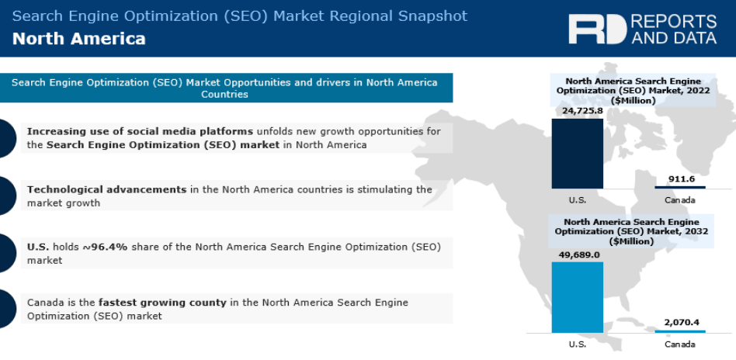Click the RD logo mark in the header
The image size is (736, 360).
(597, 29)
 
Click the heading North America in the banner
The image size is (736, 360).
(79, 39)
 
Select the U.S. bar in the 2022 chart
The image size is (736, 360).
(577, 154)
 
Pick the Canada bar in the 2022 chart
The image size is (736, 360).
(679, 187)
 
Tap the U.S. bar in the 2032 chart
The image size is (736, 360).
(577, 297)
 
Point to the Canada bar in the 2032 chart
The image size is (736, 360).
(679, 331)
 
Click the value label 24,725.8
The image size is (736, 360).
(582, 111)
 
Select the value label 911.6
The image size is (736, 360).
(681, 178)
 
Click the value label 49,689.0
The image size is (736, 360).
(578, 254)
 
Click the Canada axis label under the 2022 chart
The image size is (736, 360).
(679, 200)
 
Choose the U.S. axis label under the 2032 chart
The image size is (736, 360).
(578, 344)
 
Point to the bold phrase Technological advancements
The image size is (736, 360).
(106, 189)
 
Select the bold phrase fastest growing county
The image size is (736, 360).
(162, 303)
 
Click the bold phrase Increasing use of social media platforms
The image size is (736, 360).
(140, 131)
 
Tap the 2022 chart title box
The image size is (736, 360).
(633, 90)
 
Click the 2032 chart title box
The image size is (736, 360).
(633, 231)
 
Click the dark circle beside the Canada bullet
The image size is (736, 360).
(4, 309)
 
